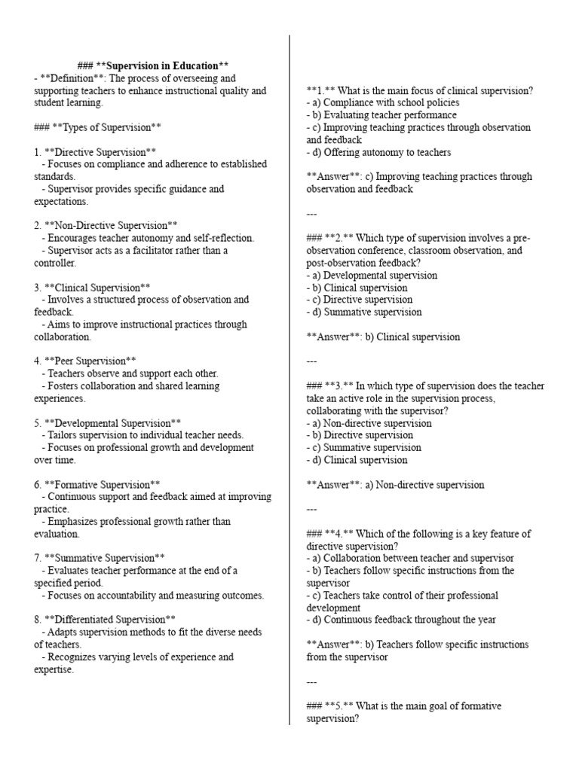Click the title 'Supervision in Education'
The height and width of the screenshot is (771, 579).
coord(162,66)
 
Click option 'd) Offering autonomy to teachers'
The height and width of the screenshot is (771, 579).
coord(379,152)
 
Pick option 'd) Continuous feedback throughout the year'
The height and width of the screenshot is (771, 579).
coord(401,620)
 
